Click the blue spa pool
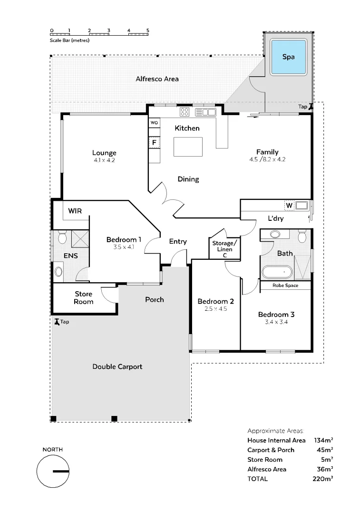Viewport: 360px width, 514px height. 288,57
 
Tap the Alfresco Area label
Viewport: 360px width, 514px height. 157,79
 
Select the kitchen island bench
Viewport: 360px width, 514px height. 188,147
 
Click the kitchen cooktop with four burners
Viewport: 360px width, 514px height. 185,112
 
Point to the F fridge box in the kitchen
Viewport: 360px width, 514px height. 154,142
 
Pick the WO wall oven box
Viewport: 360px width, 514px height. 154,123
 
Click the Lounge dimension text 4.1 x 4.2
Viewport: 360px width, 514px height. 104,160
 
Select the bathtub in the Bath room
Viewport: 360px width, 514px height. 277,273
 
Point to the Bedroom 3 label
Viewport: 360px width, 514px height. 276,314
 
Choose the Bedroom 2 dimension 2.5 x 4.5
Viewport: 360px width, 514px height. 215,308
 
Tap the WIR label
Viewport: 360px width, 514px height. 76,211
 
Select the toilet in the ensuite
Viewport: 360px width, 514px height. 61,237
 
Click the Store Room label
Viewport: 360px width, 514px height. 84,298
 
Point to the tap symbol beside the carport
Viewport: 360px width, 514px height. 57,322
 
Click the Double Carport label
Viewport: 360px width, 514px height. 117,366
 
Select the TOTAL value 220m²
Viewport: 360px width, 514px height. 323,479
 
